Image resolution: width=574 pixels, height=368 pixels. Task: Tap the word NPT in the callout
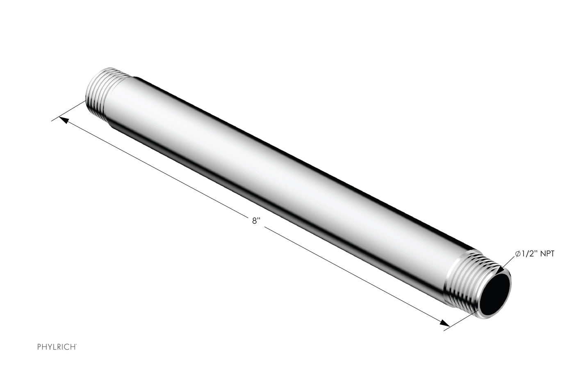pos(547,254)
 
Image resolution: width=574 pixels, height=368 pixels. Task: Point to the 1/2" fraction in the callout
pos(529,254)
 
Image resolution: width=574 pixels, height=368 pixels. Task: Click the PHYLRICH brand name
pos(56,347)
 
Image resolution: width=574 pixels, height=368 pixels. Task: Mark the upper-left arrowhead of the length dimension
pos(64,120)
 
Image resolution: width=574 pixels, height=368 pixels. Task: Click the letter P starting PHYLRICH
pos(39,347)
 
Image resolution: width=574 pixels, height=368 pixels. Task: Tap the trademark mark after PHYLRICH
pos(76,345)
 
